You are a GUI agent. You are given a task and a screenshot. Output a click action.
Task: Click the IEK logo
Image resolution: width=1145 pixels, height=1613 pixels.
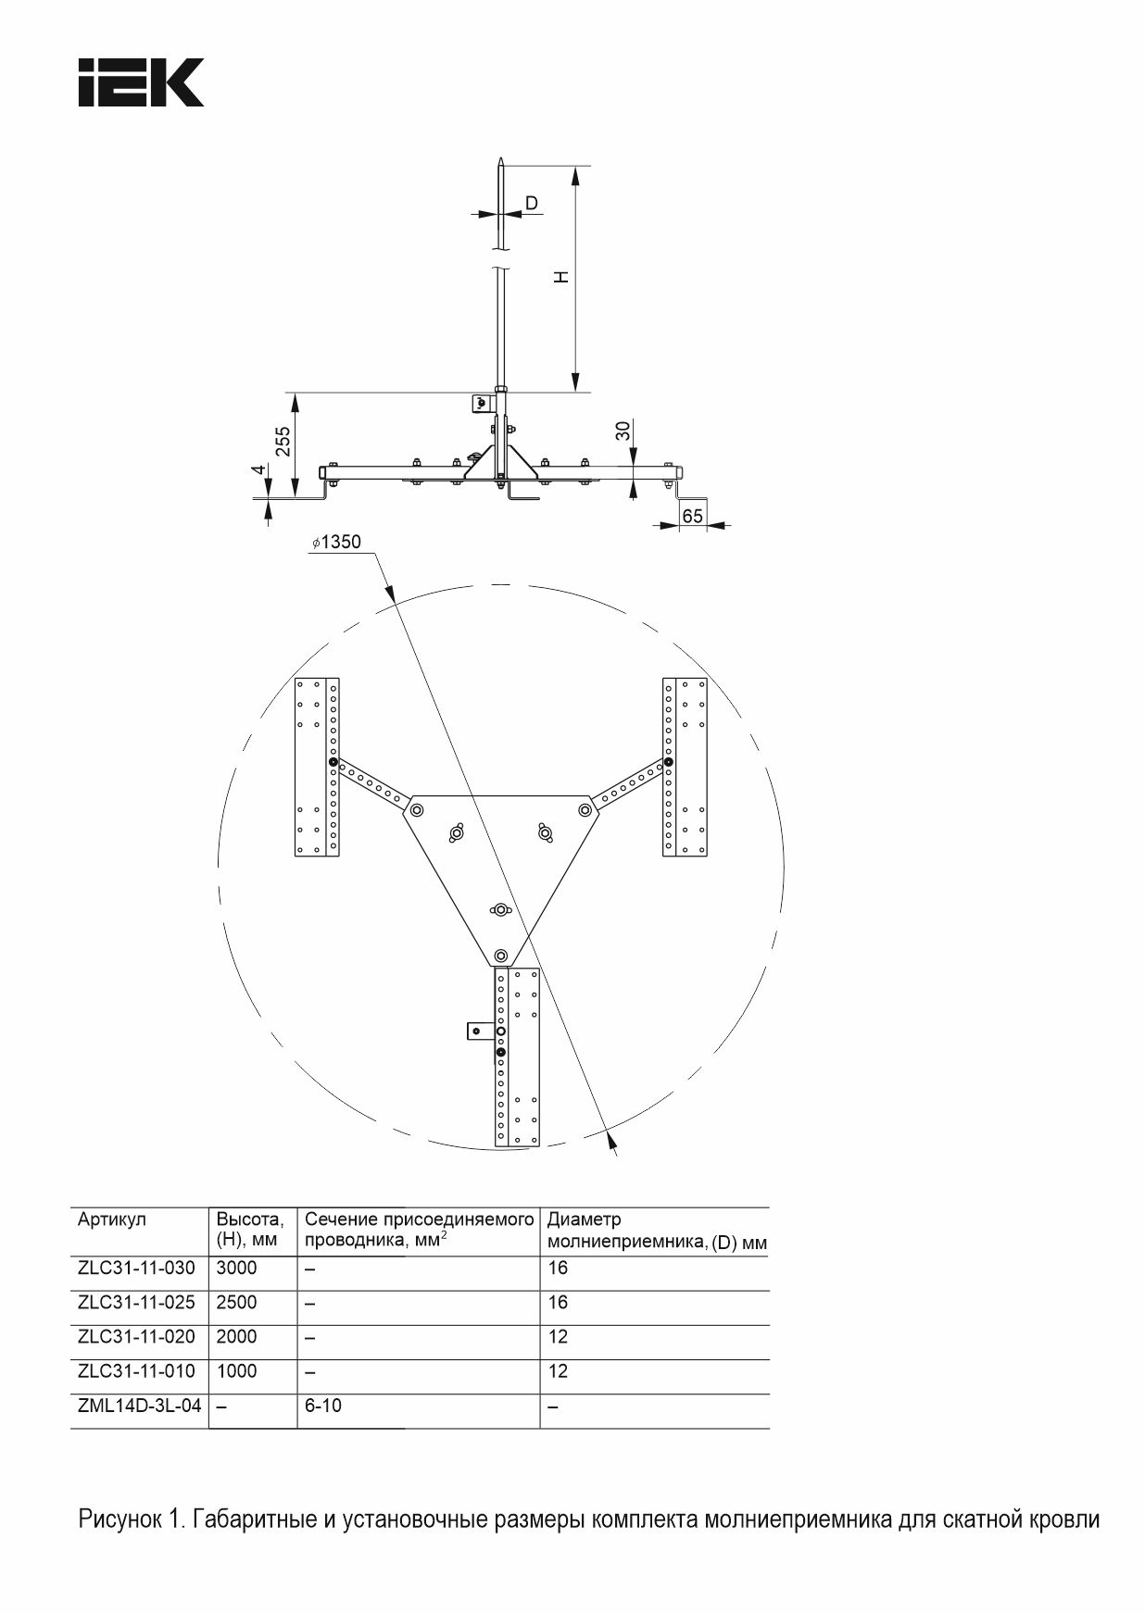141,82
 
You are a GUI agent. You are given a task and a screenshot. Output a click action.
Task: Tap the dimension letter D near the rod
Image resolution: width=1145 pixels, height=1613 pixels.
532,203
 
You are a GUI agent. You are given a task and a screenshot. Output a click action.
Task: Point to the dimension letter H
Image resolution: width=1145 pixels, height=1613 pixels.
560,277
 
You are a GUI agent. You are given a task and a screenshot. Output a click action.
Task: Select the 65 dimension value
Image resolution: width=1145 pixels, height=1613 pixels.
692,516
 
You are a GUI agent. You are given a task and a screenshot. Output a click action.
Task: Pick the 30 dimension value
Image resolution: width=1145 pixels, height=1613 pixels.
623,430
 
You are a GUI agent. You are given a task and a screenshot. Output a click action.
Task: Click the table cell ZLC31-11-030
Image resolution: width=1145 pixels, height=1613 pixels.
137,1268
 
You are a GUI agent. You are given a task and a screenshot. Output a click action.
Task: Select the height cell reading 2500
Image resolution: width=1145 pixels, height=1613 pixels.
236,1302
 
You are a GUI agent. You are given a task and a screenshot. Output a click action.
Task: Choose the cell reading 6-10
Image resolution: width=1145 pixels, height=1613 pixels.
323,1406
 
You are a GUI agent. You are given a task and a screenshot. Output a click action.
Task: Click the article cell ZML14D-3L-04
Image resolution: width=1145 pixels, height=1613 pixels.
140,1406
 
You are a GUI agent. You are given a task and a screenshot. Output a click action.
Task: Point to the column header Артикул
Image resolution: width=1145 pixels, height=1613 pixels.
112,1220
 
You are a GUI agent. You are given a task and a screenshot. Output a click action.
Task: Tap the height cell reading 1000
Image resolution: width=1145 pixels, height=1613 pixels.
236,1371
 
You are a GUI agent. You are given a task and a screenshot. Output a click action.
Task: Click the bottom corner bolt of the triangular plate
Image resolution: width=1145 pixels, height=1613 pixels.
501,955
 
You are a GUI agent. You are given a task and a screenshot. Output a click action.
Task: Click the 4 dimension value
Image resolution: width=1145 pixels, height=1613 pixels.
261,469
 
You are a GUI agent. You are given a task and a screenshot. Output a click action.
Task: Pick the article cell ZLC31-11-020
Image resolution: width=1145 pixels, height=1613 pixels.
137,1337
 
